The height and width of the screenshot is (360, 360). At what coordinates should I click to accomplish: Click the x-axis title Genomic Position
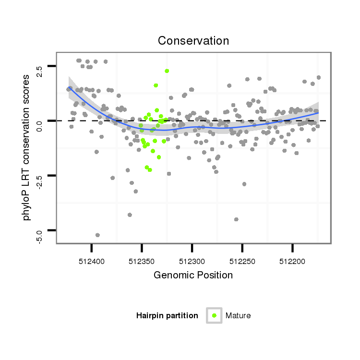pyautogui.click(x=193, y=275)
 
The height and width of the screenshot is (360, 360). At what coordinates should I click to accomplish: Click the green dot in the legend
pyautogui.click(x=214, y=315)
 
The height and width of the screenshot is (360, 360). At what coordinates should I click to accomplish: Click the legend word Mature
pyautogui.click(x=238, y=315)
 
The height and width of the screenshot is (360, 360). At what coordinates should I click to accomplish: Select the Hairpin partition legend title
pyautogui.click(x=167, y=315)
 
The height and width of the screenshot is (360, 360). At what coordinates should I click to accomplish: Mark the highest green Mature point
pyautogui.click(x=167, y=71)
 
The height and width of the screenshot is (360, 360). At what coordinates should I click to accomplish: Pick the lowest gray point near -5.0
pyautogui.click(x=97, y=235)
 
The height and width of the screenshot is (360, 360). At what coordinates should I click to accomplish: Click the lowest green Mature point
pyautogui.click(x=150, y=170)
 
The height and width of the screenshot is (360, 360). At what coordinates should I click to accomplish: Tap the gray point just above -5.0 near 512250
pyautogui.click(x=236, y=219)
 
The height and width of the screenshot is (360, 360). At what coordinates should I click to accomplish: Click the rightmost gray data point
pyautogui.click(x=319, y=77)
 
